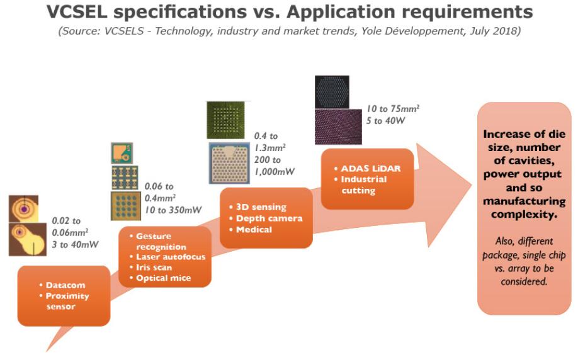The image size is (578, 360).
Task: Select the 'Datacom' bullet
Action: pyautogui.click(x=64, y=285)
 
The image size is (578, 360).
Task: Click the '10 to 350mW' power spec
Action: pyautogui.click(x=173, y=210)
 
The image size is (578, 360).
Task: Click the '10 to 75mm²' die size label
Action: pyautogui.click(x=393, y=109)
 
